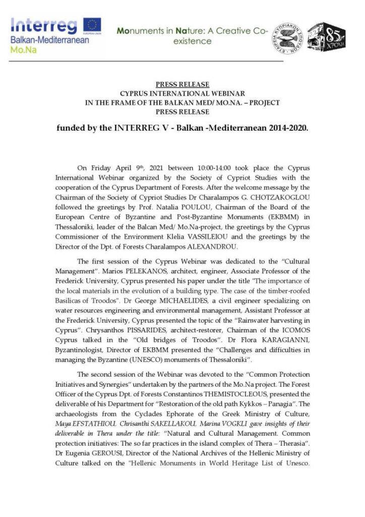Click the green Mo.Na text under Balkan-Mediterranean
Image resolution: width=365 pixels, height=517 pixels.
coord(20,51)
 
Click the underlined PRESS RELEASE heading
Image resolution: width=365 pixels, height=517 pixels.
coord(182,84)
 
